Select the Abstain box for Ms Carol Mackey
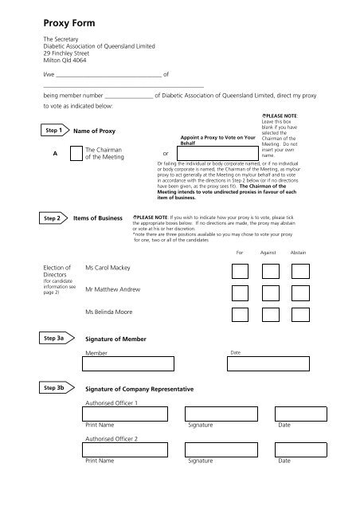coord(300,270)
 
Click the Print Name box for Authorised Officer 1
coord(126,414)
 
